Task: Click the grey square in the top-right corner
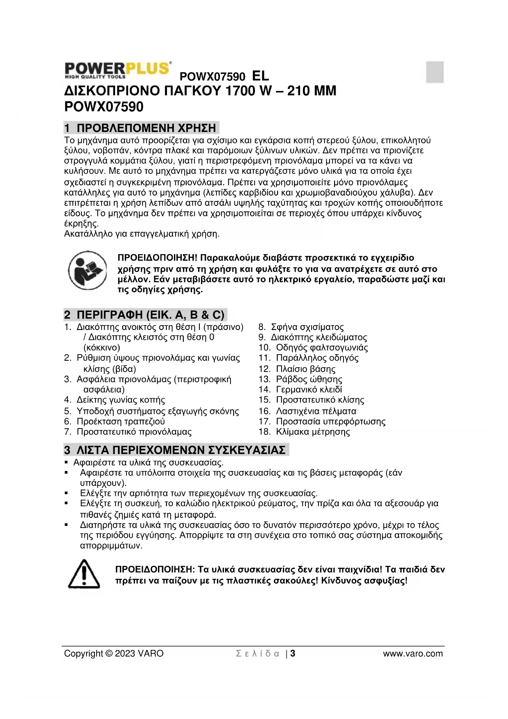[435, 72]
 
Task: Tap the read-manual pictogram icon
[87, 270]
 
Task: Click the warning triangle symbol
[84, 574]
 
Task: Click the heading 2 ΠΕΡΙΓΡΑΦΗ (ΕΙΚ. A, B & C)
[144, 315]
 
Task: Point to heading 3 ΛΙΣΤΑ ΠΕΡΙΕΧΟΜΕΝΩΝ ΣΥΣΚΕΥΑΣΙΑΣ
[175, 450]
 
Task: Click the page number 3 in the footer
[293, 653]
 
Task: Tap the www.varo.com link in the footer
[413, 653]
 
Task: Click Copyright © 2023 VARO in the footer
[114, 653]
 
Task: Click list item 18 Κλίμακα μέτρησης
[304, 432]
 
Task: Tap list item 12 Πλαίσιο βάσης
[297, 369]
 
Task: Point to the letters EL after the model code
[261, 76]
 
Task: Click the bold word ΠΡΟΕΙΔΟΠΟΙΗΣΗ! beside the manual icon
[158, 258]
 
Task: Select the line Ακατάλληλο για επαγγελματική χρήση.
[142, 234]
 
